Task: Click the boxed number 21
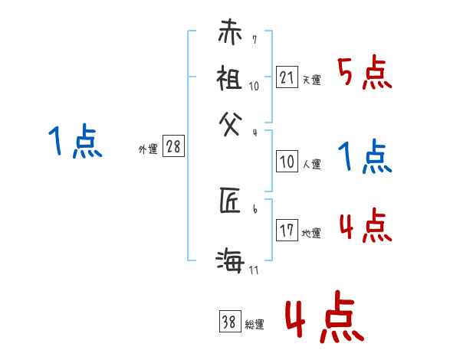pos(287,77)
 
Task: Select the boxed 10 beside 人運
pos(287,161)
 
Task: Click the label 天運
pos(311,80)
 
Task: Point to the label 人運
pos(311,163)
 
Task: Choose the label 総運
pos(255,325)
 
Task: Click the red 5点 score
pos(365,74)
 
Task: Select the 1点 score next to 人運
pos(365,157)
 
